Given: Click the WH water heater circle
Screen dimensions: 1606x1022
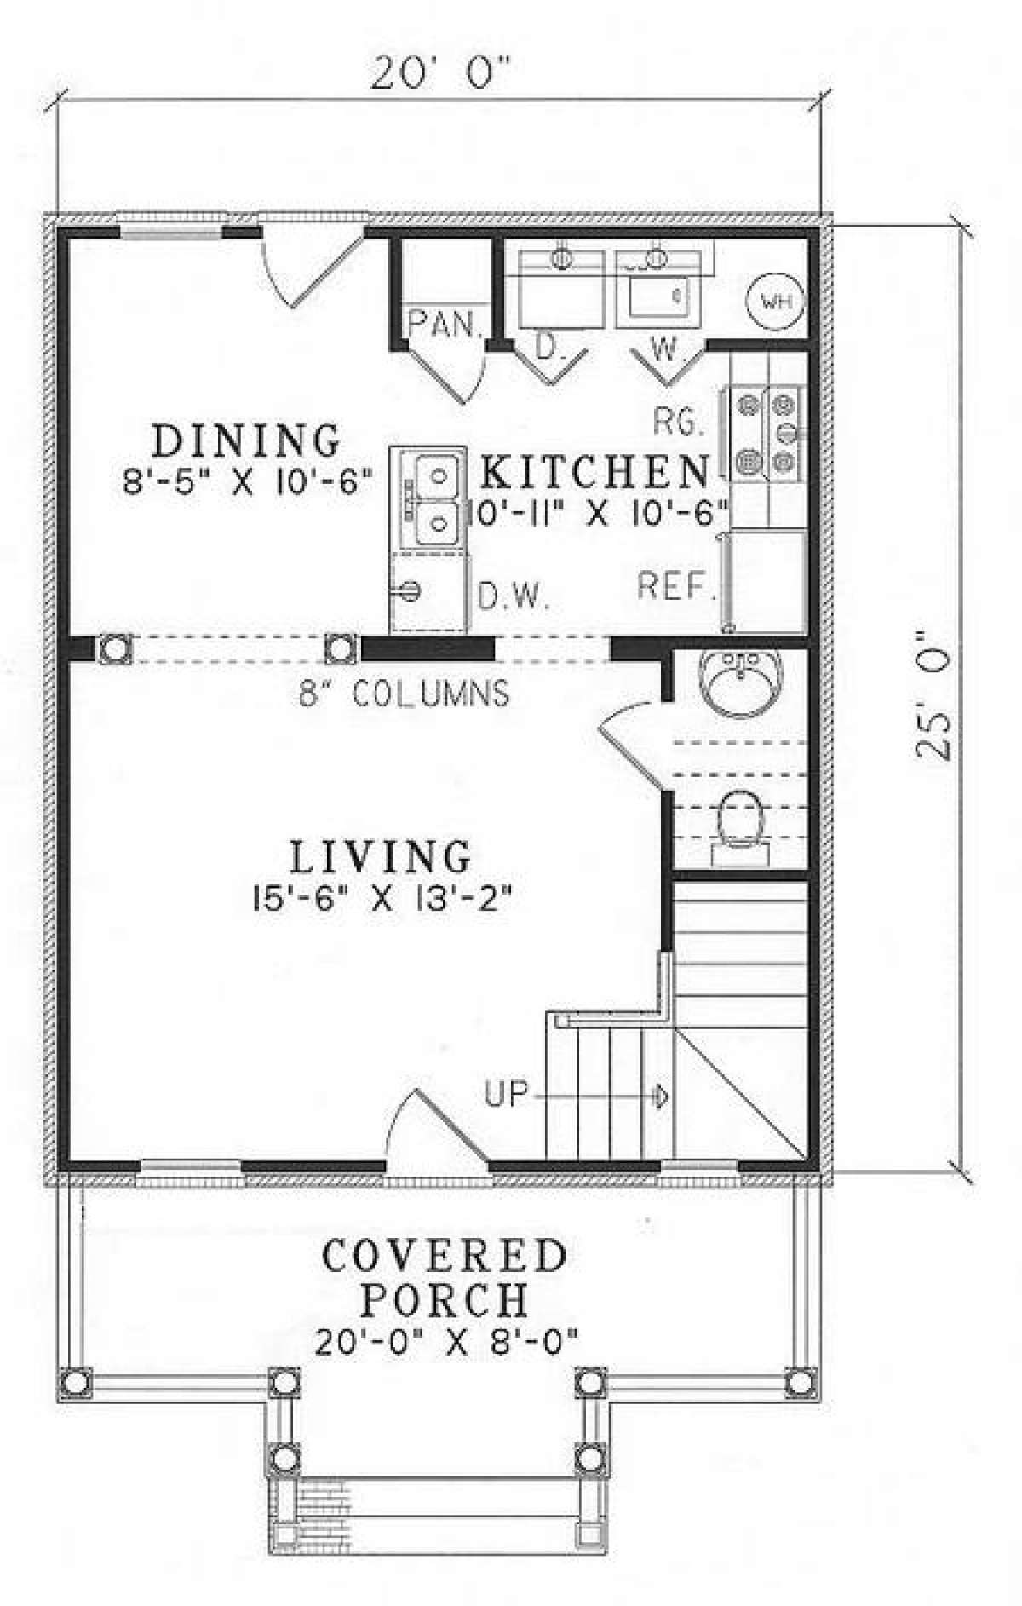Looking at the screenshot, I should click(x=775, y=301).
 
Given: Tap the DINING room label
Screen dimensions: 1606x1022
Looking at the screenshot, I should click(x=246, y=440).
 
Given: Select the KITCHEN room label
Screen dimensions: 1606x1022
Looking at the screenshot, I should click(x=594, y=469).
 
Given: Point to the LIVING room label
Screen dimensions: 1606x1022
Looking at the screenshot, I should click(x=381, y=856).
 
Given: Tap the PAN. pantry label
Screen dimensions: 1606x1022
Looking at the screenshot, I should click(x=445, y=324).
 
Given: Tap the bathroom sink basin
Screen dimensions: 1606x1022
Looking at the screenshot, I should click(x=738, y=682).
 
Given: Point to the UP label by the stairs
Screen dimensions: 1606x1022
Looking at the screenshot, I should click(x=507, y=1093).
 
